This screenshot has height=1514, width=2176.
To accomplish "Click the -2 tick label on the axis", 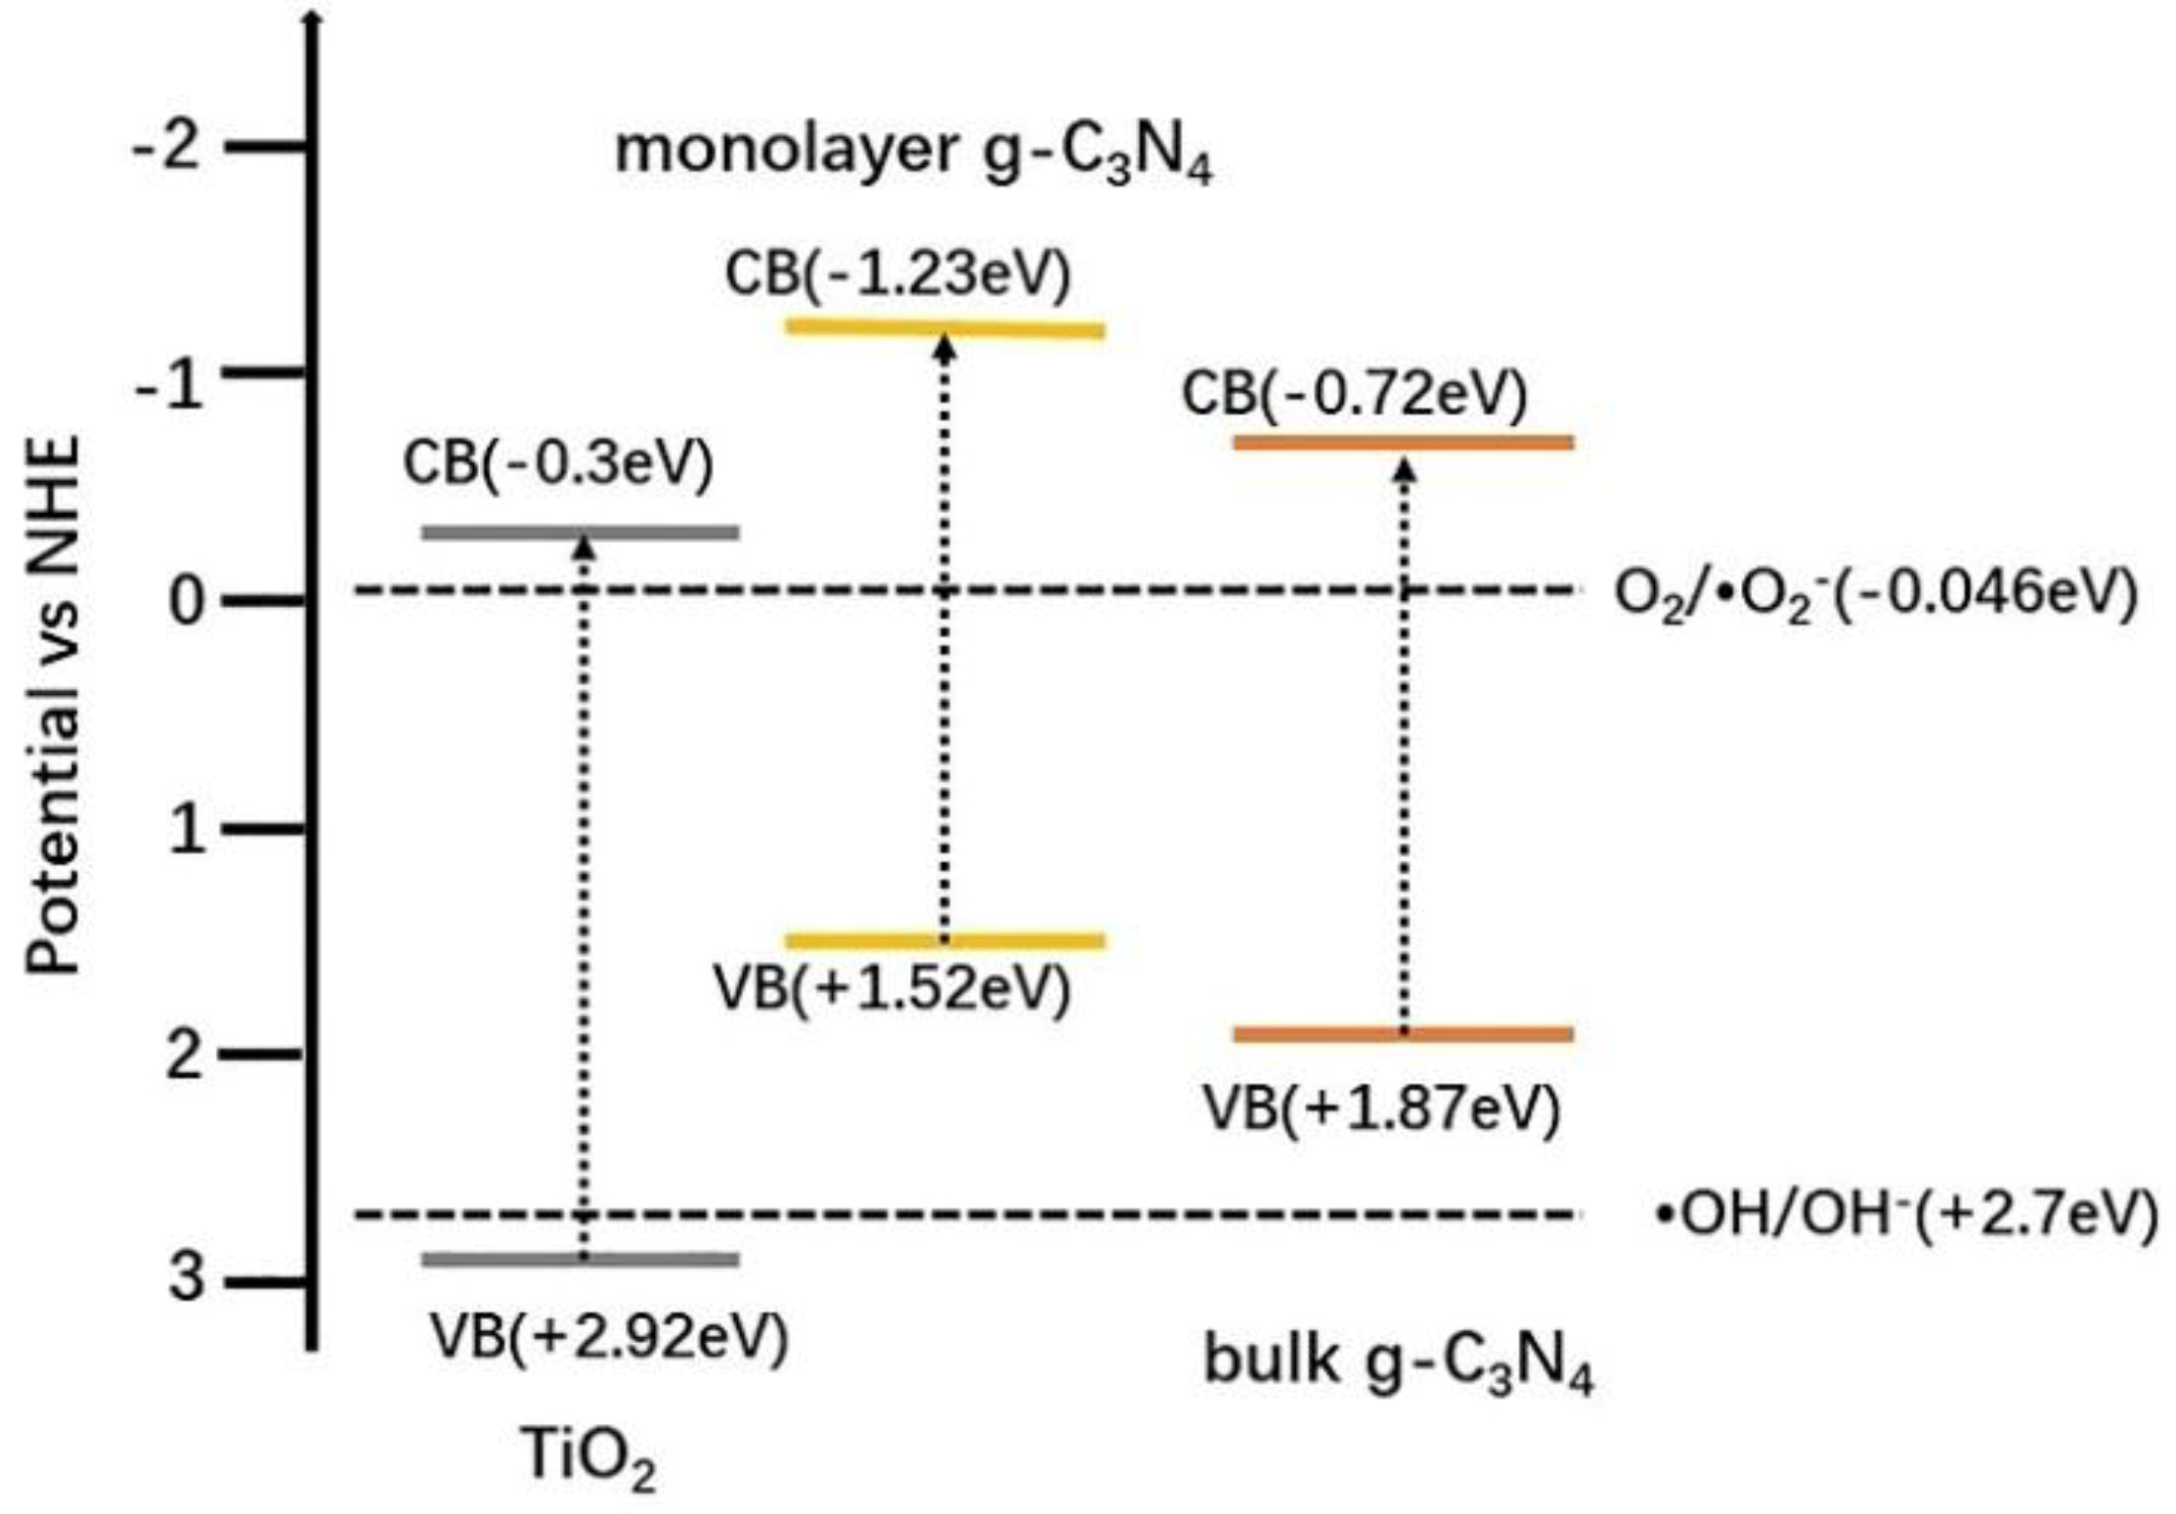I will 168,149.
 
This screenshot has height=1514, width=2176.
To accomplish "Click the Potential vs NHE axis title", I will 53,706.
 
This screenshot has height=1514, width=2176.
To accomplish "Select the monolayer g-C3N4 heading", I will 913,154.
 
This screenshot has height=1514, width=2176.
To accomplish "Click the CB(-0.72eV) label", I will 1354,394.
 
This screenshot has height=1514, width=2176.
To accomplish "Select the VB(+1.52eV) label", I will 892,988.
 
